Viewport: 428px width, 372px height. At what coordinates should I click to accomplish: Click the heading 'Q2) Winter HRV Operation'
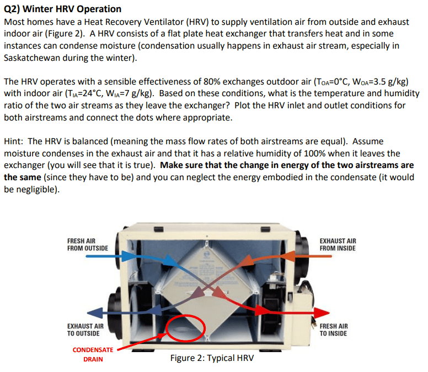[x=62, y=9]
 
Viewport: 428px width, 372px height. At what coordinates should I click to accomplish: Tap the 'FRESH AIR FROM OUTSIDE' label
[x=87, y=244]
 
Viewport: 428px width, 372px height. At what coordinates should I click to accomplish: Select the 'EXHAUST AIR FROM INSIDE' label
[x=338, y=244]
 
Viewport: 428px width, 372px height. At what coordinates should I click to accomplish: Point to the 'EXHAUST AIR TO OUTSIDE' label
[x=85, y=330]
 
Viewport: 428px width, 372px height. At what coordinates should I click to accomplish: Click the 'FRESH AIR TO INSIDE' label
[x=334, y=330]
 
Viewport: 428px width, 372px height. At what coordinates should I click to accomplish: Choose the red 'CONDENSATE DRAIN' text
[x=93, y=354]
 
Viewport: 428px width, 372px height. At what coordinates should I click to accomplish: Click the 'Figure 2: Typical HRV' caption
[x=212, y=358]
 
